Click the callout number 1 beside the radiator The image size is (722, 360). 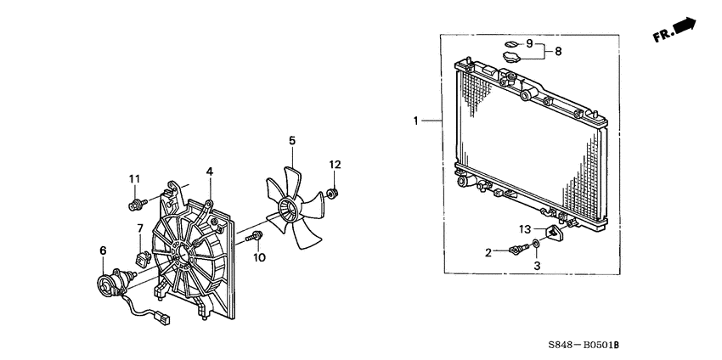415,121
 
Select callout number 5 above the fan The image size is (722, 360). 292,140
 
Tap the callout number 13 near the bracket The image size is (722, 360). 526,228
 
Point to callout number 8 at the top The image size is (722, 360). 558,52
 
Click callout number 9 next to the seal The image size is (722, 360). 529,44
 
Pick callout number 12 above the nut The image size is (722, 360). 335,165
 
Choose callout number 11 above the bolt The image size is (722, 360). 134,178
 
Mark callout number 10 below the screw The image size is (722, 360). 259,258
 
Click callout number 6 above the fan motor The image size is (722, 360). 103,250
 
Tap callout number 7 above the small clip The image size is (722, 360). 140,228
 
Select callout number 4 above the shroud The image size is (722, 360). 210,172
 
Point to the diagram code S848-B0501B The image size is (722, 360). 583,345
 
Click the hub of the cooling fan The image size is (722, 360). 287,210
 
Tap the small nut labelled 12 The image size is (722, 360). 332,193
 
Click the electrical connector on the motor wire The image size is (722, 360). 162,318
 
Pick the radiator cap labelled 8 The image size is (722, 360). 510,58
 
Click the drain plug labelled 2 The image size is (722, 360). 519,250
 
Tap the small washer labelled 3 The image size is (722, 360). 537,244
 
